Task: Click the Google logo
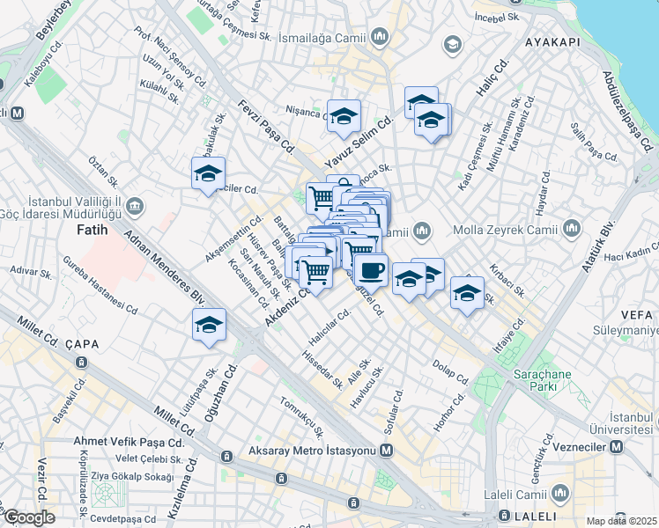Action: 29,517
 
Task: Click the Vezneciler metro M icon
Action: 617,447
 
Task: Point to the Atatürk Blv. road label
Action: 597,246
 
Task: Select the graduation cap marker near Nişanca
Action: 343,115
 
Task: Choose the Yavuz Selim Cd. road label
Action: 358,142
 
